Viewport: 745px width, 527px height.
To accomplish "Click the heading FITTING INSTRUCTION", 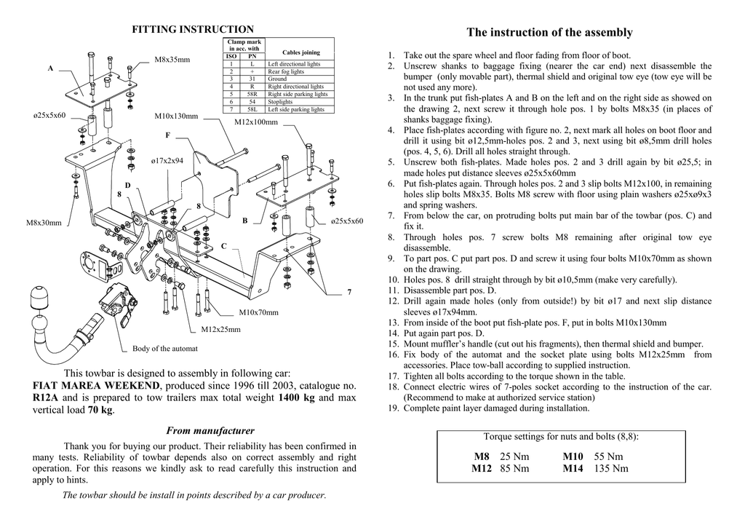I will (x=192, y=29).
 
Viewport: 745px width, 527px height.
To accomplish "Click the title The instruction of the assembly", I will (x=549, y=33).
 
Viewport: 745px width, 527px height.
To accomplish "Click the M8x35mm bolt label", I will (x=172, y=60).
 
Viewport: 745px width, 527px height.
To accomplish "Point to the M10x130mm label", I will (x=176, y=116).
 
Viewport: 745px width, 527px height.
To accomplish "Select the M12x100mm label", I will (x=256, y=122).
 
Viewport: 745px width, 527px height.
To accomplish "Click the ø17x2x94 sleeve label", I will (x=167, y=160).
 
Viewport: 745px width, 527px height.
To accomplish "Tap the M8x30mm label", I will (x=44, y=223).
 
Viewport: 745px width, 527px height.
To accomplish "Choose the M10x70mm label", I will (x=258, y=312).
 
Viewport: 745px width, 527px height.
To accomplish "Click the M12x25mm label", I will (x=220, y=329).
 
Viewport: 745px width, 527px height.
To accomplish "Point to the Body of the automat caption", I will (x=165, y=349).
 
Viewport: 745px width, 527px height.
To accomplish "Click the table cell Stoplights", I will (x=281, y=102).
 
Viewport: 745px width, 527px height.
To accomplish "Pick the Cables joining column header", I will (x=300, y=52).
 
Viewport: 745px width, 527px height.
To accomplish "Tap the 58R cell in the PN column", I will (x=252, y=95).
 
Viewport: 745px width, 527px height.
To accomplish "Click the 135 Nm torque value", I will (x=611, y=468).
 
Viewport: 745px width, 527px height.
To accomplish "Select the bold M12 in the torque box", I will (x=482, y=468).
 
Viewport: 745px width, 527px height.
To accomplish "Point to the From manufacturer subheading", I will (x=211, y=431).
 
